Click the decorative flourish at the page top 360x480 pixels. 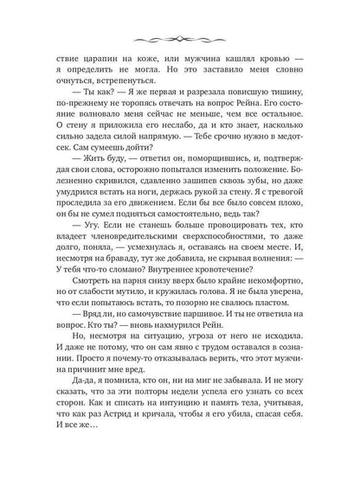181,40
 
